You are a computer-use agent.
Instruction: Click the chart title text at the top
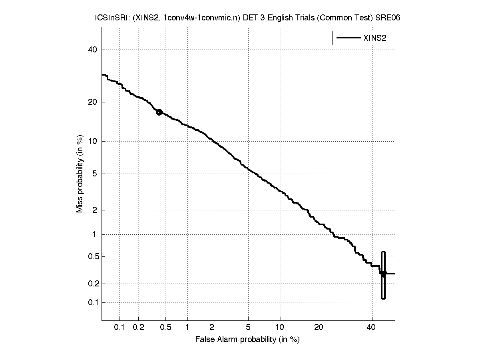[247, 18]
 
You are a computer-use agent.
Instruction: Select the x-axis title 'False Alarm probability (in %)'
[247, 339]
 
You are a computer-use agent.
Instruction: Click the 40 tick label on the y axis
[93, 50]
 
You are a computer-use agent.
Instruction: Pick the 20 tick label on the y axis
[93, 102]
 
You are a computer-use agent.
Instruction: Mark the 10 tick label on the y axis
[93, 141]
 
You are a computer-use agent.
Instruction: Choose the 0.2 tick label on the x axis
[138, 327]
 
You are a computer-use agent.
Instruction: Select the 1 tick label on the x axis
[187, 327]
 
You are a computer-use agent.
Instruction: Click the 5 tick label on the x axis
[248, 327]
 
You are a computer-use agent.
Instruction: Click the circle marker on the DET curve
[159, 112]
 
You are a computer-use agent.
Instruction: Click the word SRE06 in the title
[390, 18]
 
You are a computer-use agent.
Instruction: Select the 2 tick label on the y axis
[94, 210]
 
